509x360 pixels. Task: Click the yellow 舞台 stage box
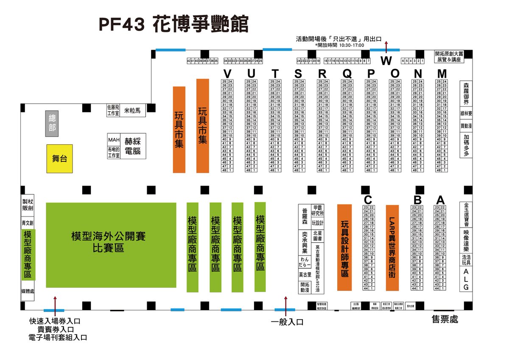coord(59,159)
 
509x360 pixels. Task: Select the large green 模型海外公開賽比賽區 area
coord(111,245)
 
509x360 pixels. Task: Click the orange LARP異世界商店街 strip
coord(392,247)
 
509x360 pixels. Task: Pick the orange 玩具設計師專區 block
coord(344,247)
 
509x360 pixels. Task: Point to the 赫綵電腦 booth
coord(133,145)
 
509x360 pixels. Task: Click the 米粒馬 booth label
coord(132,110)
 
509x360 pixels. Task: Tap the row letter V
coord(227,73)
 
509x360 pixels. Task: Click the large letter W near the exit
coord(386,61)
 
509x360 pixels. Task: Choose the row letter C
coord(368,199)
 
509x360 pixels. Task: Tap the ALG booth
coord(466,279)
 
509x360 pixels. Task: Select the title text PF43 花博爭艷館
coord(173,24)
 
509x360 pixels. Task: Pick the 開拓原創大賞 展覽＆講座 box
coord(449,56)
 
